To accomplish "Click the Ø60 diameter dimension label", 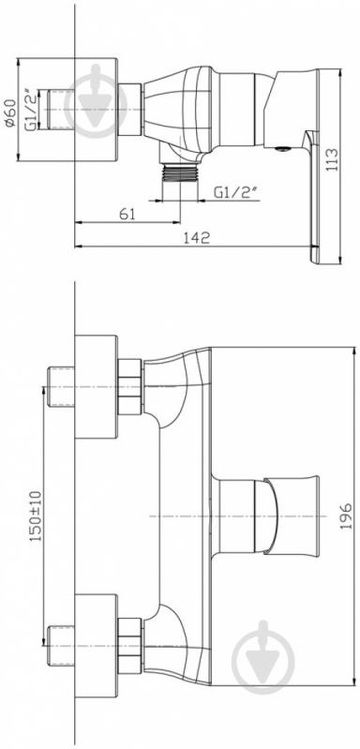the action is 10,110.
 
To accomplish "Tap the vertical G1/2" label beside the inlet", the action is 31,110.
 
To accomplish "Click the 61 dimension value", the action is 127,215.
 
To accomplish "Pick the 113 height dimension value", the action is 332,159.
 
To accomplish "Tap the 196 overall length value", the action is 346,516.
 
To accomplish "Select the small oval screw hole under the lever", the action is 282,149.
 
